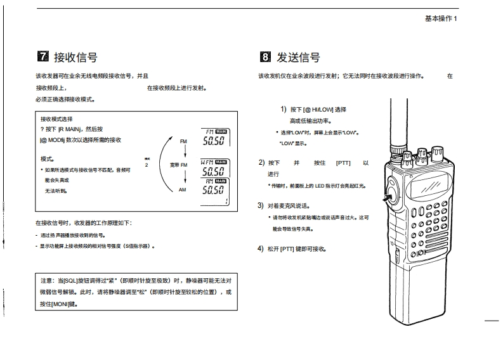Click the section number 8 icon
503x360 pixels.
265,58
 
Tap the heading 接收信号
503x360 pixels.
75,58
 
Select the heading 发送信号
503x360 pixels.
298,58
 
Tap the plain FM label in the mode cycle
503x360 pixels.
183,140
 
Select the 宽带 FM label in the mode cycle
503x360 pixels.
179,165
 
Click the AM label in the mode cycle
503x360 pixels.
182,190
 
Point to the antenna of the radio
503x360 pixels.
398,127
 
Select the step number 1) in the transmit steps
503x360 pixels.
284,109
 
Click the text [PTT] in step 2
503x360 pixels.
343,162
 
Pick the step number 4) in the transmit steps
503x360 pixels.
261,248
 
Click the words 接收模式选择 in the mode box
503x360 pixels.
56,119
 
